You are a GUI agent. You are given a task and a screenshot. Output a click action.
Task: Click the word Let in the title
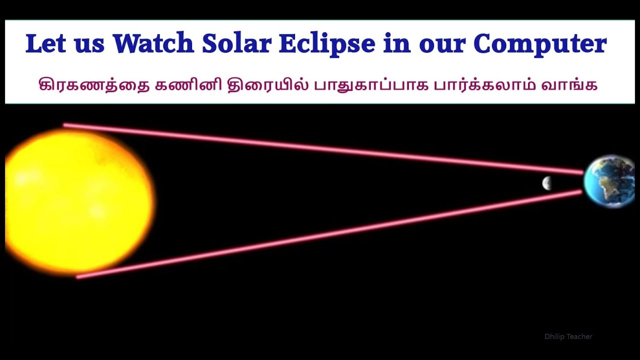pyautogui.click(x=46, y=44)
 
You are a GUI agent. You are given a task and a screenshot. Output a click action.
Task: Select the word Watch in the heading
pyautogui.click(x=153, y=44)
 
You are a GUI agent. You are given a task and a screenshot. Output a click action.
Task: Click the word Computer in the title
pyautogui.click(x=540, y=44)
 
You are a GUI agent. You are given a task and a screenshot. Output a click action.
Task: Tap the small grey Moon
pyautogui.click(x=547, y=183)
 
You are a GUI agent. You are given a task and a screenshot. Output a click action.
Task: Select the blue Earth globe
pyautogui.click(x=610, y=181)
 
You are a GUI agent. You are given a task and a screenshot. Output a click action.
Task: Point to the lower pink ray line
pyautogui.click(x=325, y=233)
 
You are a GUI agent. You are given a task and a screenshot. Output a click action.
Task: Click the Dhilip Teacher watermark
pyautogui.click(x=568, y=337)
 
